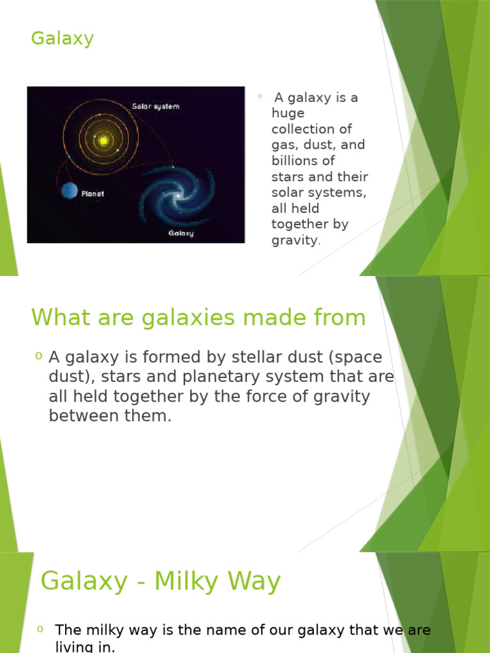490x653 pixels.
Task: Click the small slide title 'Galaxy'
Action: pos(62,39)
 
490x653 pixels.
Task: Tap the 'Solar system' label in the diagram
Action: pos(156,106)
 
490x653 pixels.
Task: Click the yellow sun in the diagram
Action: pos(102,139)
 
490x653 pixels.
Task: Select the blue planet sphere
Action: pos(70,190)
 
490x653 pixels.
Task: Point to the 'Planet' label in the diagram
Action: pos(92,193)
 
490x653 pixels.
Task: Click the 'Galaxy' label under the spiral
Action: pos(181,233)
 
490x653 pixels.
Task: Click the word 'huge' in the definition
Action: pos(288,114)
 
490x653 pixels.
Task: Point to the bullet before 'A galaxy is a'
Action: pos(260,97)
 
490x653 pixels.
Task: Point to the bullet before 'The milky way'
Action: pos(40,629)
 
